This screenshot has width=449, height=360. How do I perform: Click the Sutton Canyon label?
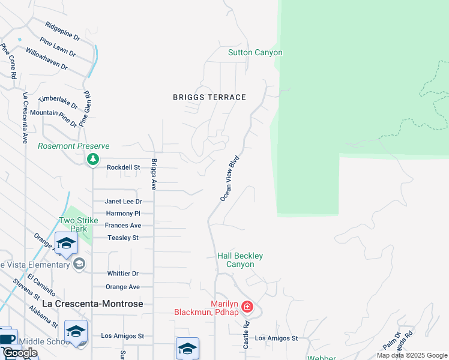255,53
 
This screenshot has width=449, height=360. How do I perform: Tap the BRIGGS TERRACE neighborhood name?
209,97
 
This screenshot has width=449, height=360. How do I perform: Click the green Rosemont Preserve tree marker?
92,159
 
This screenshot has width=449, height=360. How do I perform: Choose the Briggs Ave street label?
154,175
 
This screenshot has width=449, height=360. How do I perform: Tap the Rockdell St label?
123,167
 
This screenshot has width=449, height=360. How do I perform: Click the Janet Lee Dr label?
123,202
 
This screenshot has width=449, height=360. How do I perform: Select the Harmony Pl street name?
122,214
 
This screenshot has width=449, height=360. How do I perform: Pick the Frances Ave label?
123,226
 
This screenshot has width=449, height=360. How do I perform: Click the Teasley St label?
123,238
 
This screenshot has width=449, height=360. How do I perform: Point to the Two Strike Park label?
78,224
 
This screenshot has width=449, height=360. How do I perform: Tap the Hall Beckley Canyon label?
240,260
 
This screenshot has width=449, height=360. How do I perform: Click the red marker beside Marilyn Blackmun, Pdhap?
247,308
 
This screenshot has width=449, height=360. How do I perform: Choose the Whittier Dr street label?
123,274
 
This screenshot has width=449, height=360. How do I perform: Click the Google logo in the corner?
20,353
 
